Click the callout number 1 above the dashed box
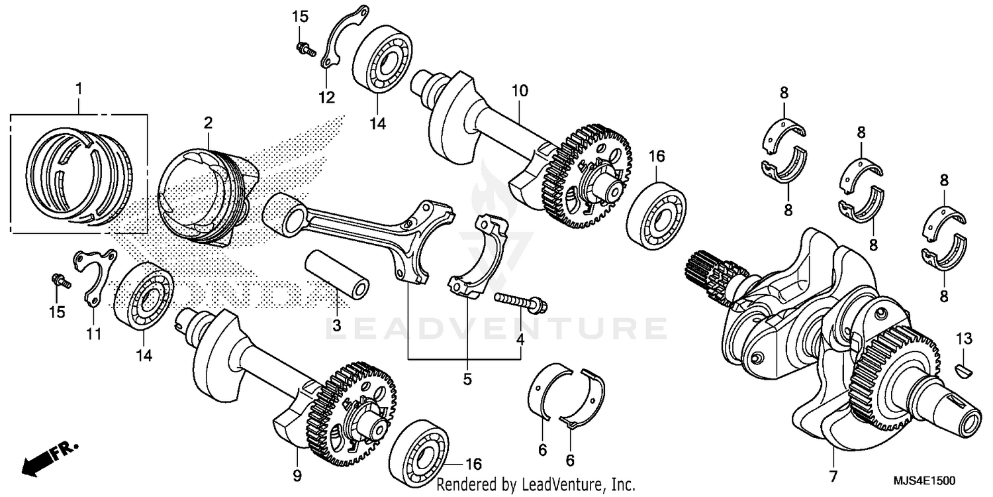(x=79, y=88)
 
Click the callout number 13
(x=964, y=339)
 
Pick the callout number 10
(x=520, y=90)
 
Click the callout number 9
(x=297, y=475)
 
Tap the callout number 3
(x=336, y=325)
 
